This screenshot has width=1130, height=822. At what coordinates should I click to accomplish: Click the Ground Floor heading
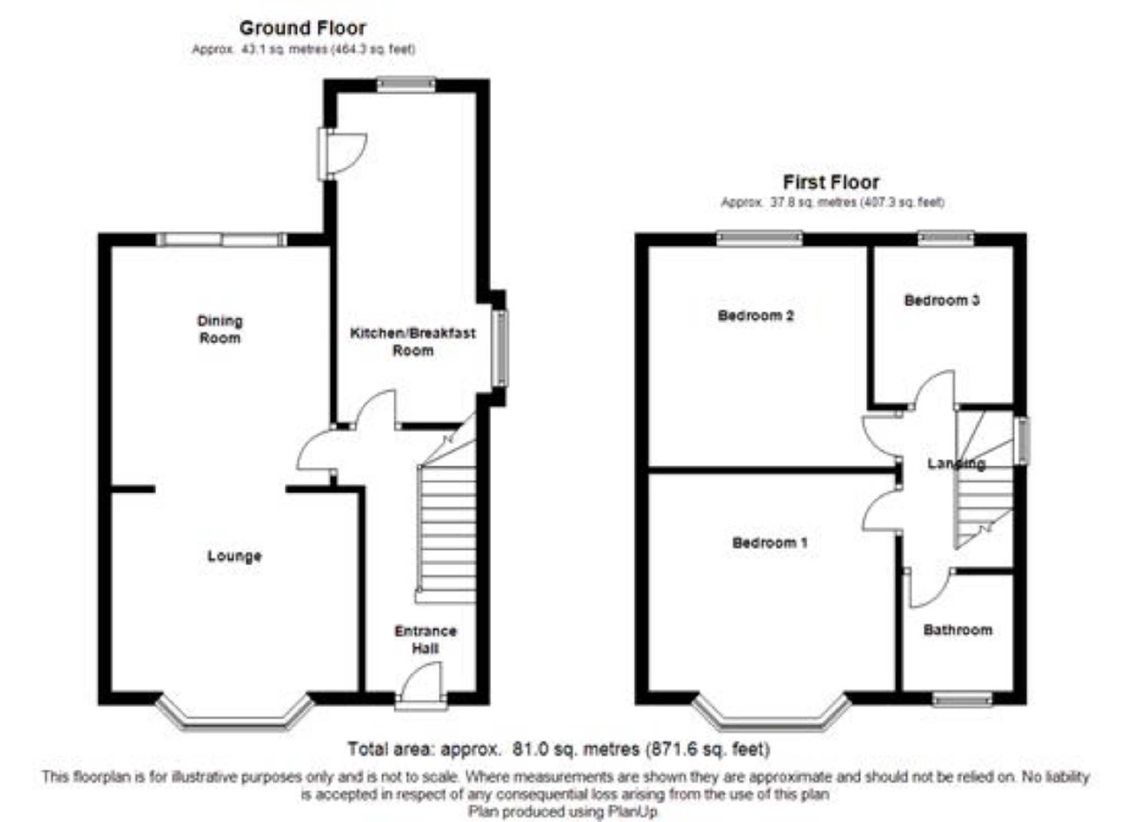302,28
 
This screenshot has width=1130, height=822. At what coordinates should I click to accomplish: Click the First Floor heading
831,182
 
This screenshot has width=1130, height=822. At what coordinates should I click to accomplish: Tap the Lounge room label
234,556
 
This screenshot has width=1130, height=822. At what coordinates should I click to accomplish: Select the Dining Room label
220,329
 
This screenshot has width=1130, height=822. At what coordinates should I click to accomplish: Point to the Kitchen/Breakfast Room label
413,342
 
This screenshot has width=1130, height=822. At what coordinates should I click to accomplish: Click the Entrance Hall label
425,640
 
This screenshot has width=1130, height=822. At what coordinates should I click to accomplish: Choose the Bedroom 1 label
770,542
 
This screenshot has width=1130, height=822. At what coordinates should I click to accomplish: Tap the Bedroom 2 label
756,316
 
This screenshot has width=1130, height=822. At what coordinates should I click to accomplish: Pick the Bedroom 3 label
942,300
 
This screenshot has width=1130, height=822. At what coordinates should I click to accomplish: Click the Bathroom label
958,630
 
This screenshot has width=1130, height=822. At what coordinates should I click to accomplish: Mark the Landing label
956,463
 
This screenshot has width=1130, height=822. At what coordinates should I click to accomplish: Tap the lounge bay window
235,717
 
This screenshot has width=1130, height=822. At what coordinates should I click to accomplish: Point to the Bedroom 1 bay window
772,717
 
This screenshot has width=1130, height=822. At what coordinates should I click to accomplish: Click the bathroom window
963,699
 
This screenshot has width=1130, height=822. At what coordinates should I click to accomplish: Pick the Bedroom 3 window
946,239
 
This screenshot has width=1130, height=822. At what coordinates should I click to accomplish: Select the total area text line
559,749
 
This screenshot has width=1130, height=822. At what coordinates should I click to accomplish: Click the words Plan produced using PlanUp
562,811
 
